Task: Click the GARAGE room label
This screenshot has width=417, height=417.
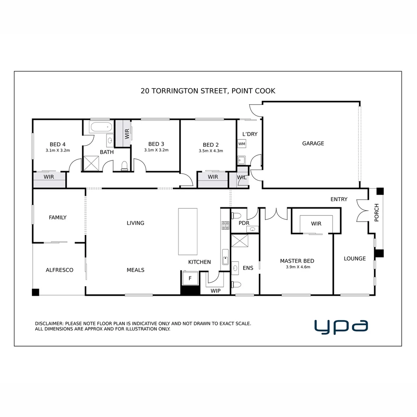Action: (x=313, y=143)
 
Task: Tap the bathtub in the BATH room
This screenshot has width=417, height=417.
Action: (x=101, y=127)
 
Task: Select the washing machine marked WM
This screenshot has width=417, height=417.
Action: (x=242, y=144)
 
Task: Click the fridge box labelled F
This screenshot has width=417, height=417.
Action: (x=190, y=278)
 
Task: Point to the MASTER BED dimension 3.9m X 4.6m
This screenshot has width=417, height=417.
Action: (x=298, y=267)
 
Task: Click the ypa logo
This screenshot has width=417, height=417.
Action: (x=341, y=326)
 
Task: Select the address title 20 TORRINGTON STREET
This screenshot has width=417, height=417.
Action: (x=208, y=91)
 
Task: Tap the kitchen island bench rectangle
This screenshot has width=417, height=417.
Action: (x=188, y=232)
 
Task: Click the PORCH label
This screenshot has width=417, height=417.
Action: (x=376, y=212)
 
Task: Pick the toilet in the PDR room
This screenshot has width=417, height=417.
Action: (x=236, y=215)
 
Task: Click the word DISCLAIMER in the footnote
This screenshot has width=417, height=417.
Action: (x=49, y=324)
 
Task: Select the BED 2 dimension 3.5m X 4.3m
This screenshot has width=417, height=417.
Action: (x=210, y=151)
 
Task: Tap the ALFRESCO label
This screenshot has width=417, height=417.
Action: (x=59, y=270)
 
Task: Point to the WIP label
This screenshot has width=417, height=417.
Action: (x=215, y=291)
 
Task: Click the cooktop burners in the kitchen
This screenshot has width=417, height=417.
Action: (x=225, y=225)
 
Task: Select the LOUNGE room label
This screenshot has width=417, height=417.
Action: (x=354, y=258)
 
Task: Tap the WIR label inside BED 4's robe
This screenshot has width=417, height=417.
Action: (x=49, y=177)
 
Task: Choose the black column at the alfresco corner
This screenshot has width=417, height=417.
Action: (x=36, y=292)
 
